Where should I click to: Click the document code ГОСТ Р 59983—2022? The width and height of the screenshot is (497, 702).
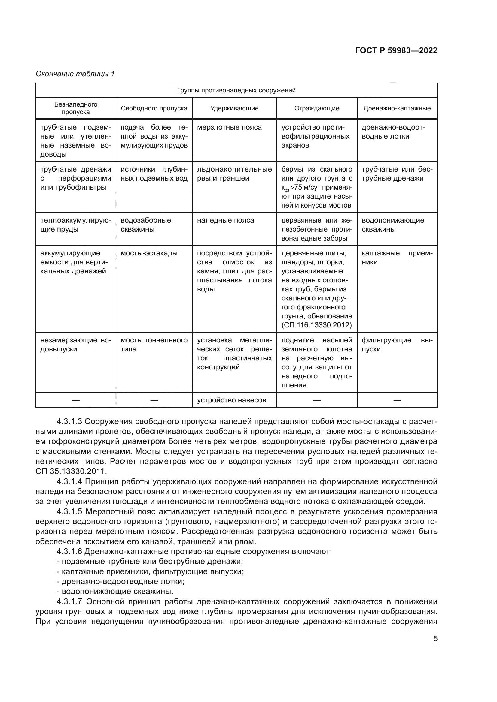(x=396, y=50)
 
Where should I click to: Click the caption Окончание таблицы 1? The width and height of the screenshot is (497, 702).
(x=75, y=74)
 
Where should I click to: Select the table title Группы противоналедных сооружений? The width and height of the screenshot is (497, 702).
(x=236, y=90)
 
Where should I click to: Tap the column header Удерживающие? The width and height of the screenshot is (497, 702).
(x=234, y=108)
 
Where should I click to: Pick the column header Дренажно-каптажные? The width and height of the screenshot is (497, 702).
(x=397, y=108)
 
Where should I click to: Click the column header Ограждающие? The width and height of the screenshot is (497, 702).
(x=316, y=108)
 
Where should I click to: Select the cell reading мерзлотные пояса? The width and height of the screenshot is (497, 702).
(x=229, y=128)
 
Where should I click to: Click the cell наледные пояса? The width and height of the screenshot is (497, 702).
(x=225, y=221)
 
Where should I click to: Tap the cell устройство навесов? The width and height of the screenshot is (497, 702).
(x=231, y=400)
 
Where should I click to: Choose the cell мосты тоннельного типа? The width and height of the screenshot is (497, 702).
(x=154, y=345)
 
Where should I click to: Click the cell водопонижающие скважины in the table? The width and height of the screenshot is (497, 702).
(x=393, y=225)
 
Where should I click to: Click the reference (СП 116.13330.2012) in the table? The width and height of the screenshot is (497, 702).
(x=316, y=325)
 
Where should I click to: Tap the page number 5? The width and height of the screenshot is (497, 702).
(x=435, y=639)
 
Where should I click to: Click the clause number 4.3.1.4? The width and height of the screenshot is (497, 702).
(x=69, y=481)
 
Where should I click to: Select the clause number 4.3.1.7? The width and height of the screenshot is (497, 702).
(x=69, y=602)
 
